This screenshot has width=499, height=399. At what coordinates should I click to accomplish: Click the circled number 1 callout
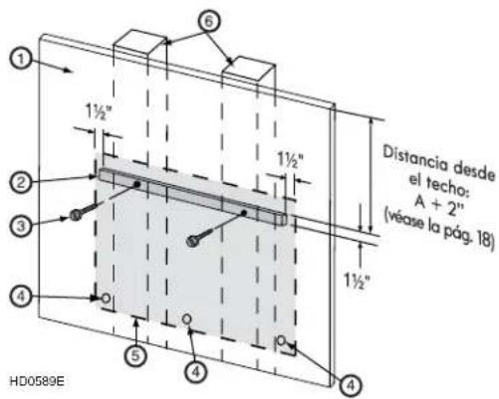tap(21, 60)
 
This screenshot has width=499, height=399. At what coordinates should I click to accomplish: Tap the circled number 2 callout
tap(21, 182)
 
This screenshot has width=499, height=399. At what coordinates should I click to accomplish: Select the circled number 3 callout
tap(21, 226)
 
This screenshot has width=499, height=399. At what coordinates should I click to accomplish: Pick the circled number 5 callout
tap(135, 356)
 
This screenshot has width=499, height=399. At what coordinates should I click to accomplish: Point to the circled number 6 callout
tap(208, 22)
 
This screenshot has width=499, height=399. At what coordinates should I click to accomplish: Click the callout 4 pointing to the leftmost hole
tap(21, 297)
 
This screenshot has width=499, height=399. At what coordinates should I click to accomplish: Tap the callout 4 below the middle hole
tap(196, 372)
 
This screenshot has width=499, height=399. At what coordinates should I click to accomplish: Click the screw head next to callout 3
tap(75, 216)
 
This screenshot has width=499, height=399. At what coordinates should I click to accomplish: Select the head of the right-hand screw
tap(191, 241)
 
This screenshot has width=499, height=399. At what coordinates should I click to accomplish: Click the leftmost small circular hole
tap(106, 299)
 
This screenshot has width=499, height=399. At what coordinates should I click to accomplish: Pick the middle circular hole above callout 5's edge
tap(187, 319)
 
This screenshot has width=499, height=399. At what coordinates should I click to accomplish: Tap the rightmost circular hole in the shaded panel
tap(282, 340)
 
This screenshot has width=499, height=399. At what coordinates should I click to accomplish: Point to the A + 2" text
tap(439, 205)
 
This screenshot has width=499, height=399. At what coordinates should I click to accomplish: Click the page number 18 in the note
tap(485, 240)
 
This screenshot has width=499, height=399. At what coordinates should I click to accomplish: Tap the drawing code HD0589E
tap(37, 381)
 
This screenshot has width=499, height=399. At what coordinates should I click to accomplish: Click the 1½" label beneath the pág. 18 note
tap(356, 282)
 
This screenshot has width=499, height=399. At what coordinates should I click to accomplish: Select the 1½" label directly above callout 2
tap(98, 111)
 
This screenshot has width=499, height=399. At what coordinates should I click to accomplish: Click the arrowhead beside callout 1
tap(68, 70)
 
